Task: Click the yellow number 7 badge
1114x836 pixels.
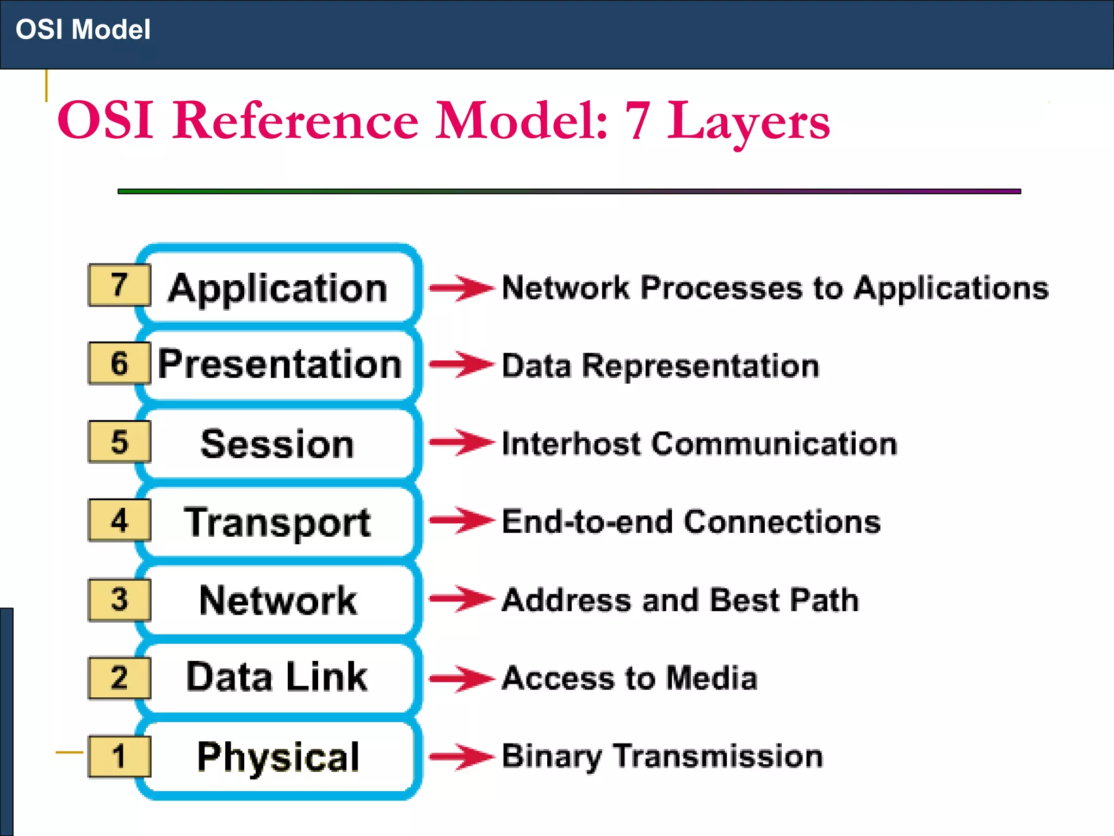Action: point(119,285)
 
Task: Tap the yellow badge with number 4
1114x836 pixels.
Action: point(119,520)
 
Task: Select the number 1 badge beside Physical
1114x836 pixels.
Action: point(119,756)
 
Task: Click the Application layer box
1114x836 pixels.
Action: point(278,287)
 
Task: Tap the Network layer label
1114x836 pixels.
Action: point(278,600)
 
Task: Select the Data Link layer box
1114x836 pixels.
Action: point(277,677)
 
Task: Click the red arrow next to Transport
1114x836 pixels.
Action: point(462,520)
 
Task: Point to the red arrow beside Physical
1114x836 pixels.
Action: point(462,756)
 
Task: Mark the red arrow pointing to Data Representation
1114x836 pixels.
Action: point(462,364)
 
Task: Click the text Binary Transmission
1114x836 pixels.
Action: point(662,756)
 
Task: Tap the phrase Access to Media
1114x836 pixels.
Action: point(629,678)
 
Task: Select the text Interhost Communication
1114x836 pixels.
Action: point(699,444)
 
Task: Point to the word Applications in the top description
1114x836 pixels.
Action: point(951,288)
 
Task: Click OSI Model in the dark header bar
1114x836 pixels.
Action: point(83,29)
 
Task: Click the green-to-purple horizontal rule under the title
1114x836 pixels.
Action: point(569,191)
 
